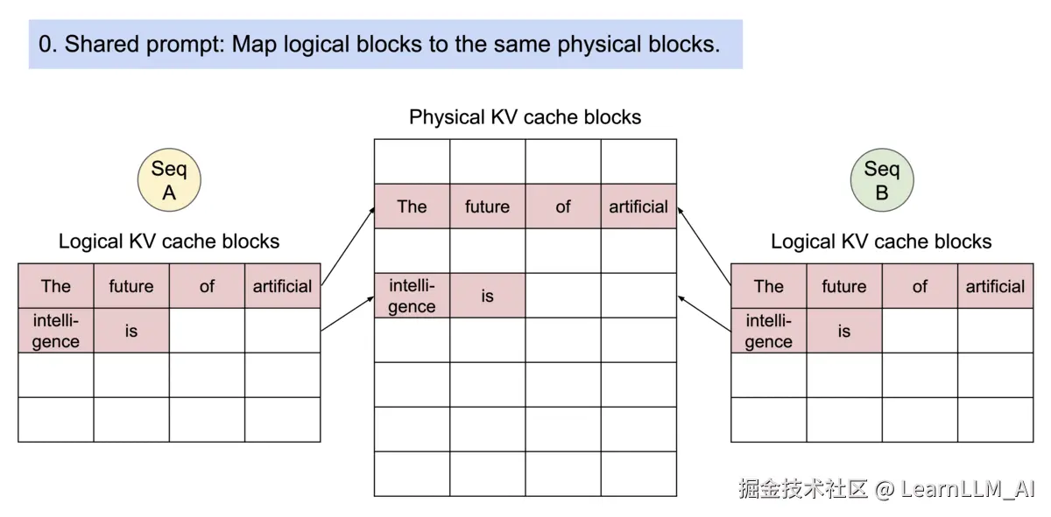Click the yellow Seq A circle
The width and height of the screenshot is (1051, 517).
[169, 180]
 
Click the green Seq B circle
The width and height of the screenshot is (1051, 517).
[881, 180]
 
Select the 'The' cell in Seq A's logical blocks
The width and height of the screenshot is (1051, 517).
[56, 286]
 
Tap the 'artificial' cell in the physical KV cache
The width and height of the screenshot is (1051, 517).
[638, 206]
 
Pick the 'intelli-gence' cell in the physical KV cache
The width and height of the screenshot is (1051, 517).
[412, 296]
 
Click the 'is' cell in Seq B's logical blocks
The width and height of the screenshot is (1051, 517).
[843, 331]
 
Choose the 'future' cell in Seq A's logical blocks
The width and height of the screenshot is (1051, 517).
[131, 286]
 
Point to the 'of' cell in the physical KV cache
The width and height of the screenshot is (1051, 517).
[563, 206]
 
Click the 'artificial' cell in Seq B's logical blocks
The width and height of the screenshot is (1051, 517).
[995, 286]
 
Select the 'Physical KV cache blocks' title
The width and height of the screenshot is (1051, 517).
[525, 117]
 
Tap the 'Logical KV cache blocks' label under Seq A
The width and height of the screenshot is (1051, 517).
[169, 241]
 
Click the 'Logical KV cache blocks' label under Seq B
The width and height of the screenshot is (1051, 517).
[881, 241]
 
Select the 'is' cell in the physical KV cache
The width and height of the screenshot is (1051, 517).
[487, 296]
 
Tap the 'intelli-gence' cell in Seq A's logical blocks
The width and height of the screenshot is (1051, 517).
[56, 331]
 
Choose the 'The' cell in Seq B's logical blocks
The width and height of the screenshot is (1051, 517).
[768, 286]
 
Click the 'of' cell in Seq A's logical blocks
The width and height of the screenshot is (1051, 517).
[207, 286]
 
